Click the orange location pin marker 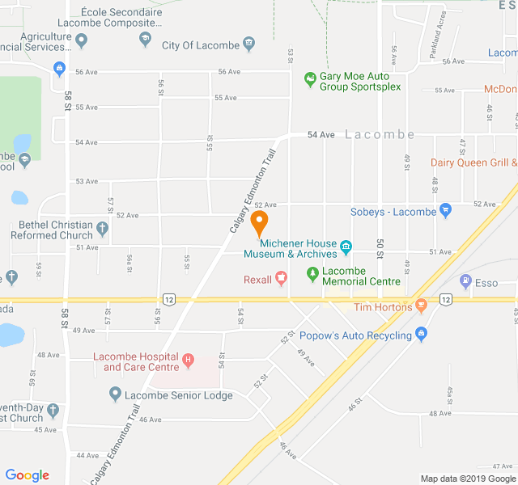pos(259,221)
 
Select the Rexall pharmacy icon pos(282,280)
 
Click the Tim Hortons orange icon pos(421,306)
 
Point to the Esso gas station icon pos(465,281)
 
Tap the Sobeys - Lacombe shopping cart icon pos(445,212)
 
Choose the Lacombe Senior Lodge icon pos(115,395)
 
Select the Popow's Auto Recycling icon pos(420,334)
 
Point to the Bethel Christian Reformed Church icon pos(102,229)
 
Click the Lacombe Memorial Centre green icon pos(313,276)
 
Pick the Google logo pos(28,474)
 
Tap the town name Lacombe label pos(380,134)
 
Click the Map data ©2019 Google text pos(467,479)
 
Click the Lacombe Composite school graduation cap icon pos(145,38)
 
